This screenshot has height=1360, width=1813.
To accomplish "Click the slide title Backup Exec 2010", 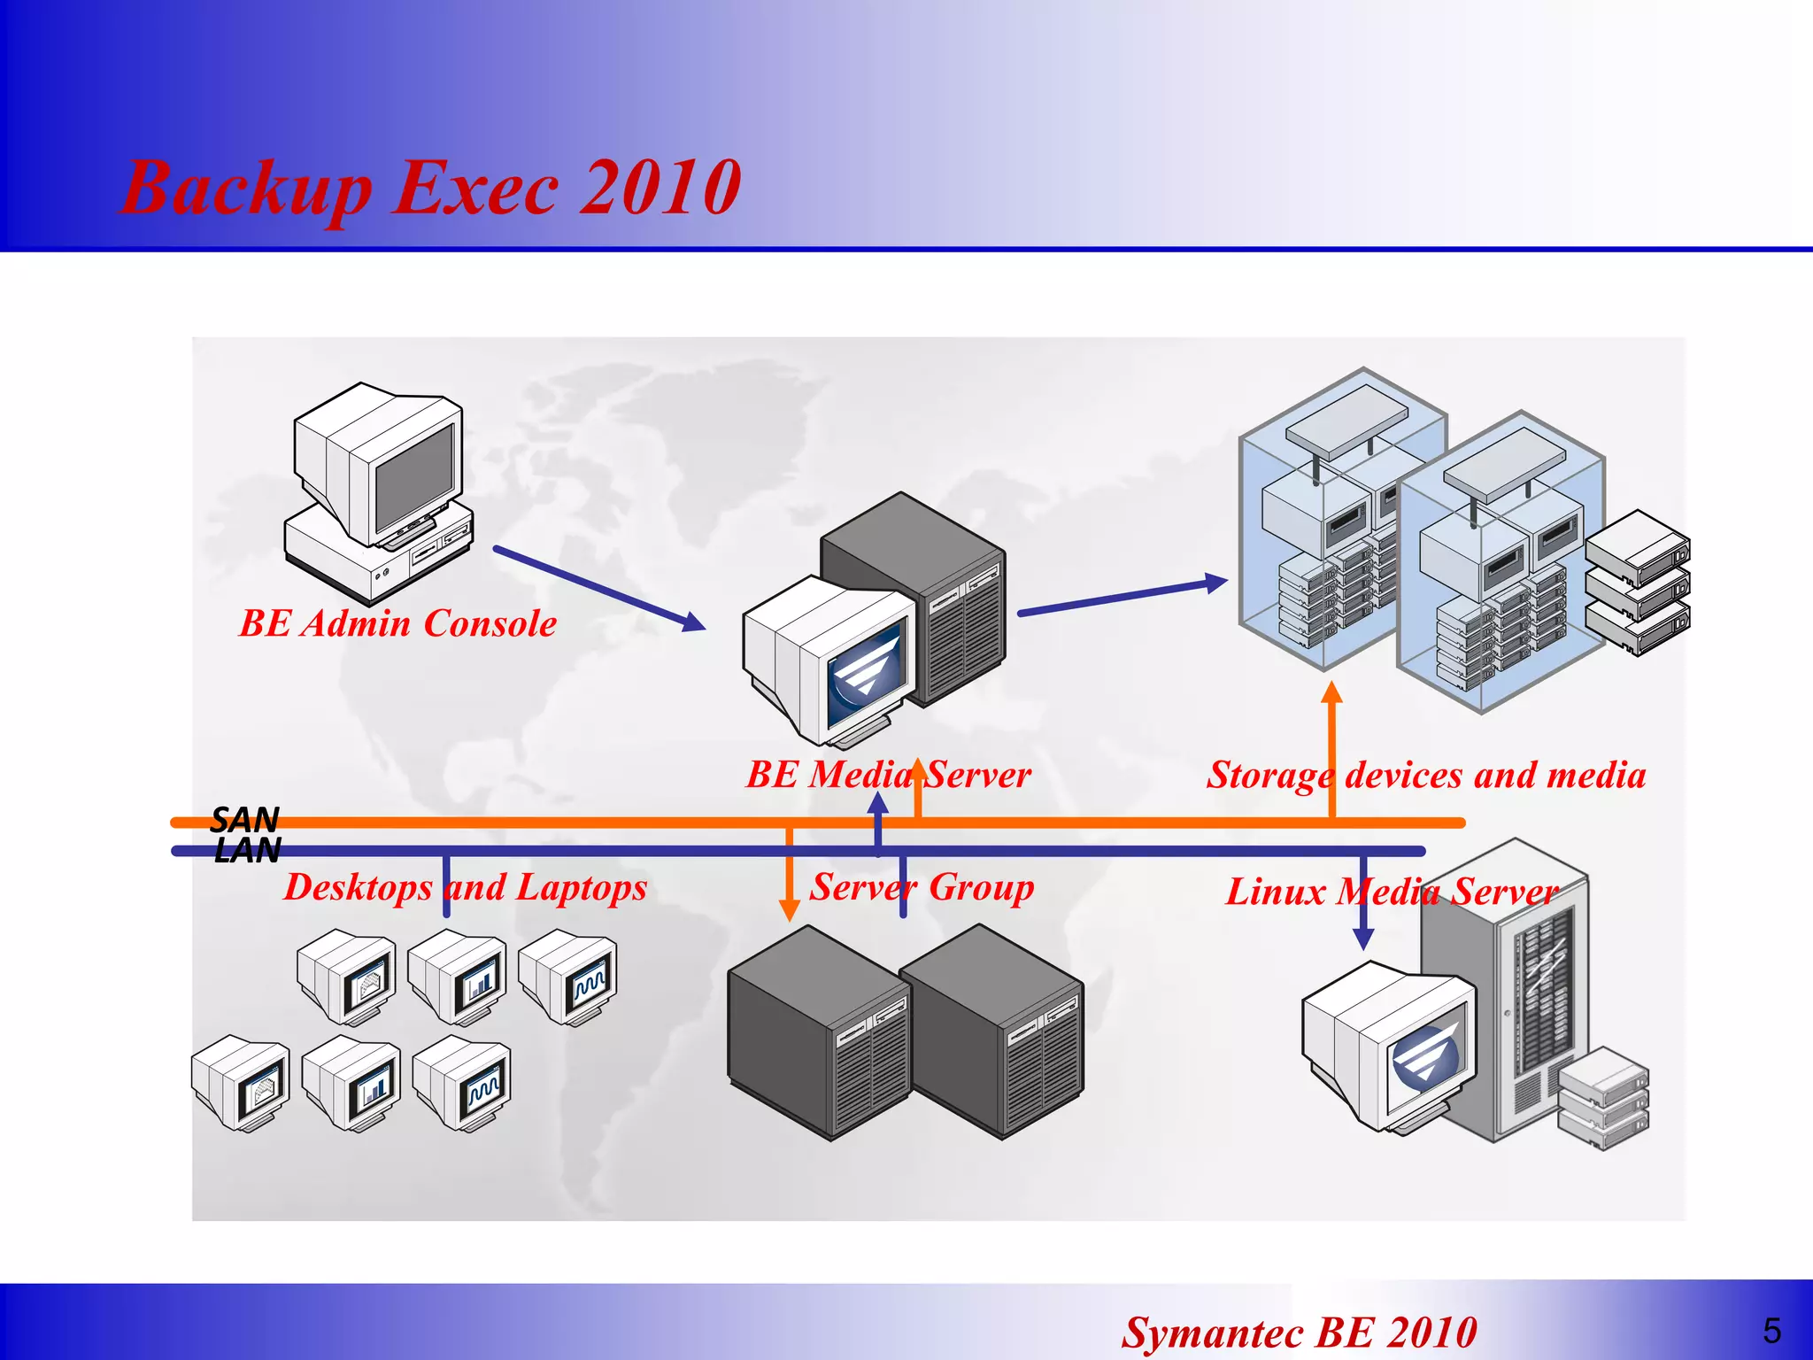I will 431,188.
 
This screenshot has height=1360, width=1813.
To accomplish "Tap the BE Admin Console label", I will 397,623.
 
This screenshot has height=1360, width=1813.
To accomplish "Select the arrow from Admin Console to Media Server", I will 598,588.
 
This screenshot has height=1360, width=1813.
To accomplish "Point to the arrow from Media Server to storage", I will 1122,598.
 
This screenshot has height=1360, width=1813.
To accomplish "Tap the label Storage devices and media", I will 1426,775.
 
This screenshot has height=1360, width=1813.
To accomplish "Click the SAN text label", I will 245,819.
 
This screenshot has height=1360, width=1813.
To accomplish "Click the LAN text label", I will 248,851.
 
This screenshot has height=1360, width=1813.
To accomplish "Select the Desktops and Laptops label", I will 465,887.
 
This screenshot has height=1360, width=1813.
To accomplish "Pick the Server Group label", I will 922,887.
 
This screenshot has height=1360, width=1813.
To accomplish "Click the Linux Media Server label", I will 1391,892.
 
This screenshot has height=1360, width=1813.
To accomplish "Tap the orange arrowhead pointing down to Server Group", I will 789,909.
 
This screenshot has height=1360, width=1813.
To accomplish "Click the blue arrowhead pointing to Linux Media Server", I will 1363,939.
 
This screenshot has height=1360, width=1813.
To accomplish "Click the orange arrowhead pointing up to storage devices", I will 1331,692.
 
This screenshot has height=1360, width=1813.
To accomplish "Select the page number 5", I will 1771,1331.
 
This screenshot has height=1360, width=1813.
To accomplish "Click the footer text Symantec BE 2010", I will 1299,1332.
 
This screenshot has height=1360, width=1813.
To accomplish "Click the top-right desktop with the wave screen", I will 567,977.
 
